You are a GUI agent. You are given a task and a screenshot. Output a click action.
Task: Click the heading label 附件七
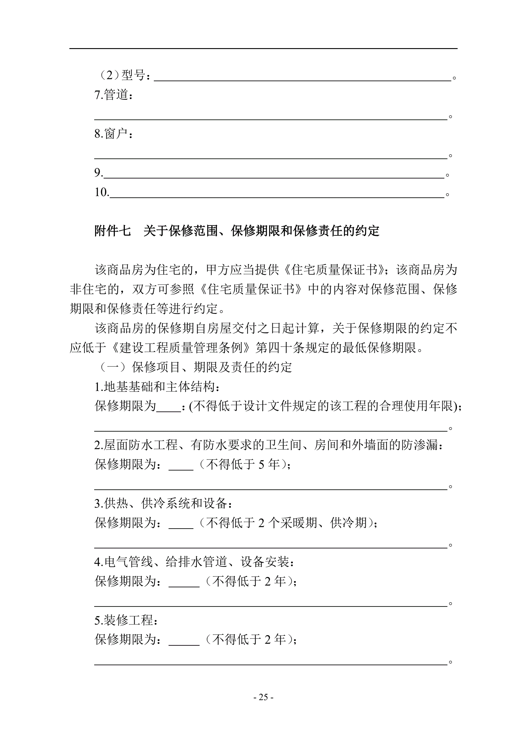(112, 231)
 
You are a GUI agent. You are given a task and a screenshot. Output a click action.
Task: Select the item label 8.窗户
(113, 133)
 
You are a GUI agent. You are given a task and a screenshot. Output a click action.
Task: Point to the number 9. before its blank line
(99, 173)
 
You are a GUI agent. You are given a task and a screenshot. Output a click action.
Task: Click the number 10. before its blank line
(102, 192)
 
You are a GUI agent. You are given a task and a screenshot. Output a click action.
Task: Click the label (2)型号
(124, 75)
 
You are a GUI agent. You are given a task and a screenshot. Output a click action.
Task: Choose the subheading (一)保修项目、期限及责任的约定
(196, 367)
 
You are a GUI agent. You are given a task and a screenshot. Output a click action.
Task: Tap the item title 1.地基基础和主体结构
(157, 387)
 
